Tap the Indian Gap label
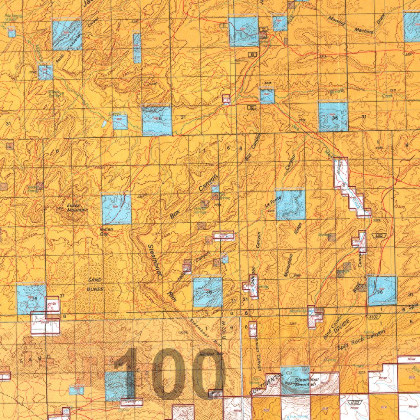click(x=106, y=232)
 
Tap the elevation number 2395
click(x=292, y=324)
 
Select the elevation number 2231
click(x=361, y=372)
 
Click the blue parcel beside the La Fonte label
click(x=290, y=204)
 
